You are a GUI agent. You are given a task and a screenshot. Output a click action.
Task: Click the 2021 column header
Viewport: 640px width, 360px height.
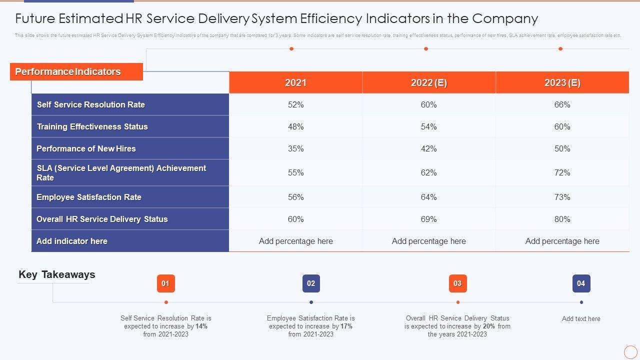295,82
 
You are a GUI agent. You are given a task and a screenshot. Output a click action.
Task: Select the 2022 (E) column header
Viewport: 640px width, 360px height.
428,82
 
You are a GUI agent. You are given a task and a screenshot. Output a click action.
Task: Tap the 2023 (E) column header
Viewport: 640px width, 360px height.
562,82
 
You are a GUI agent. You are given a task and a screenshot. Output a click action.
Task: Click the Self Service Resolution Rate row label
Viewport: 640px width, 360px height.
91,104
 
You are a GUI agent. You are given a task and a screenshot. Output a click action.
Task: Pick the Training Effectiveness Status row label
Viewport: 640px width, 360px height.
92,126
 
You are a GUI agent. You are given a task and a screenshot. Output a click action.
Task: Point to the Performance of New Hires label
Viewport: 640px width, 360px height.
86,148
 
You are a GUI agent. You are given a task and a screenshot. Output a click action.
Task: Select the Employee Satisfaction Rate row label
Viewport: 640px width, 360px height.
89,197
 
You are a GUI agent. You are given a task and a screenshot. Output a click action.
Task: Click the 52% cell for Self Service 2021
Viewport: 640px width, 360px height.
295,104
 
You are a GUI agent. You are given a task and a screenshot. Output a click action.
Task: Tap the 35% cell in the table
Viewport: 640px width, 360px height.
295,148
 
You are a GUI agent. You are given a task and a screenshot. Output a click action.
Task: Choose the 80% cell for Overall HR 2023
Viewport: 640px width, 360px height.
562,219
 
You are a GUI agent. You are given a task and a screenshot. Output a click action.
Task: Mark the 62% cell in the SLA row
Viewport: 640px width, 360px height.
428,172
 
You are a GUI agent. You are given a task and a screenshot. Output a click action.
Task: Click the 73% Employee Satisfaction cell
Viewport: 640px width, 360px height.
562,197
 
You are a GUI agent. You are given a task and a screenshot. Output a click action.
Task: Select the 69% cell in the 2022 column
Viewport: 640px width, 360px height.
428,219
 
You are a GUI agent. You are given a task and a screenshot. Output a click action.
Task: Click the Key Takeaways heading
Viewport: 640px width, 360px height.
56,274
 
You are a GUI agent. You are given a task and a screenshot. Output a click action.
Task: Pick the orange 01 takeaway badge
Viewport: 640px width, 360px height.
165,283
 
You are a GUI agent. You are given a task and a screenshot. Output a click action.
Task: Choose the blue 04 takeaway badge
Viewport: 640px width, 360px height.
581,283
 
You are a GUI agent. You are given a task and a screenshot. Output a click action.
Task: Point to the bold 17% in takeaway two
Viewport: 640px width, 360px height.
346,326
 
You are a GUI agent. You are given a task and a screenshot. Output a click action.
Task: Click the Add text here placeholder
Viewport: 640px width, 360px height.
581,318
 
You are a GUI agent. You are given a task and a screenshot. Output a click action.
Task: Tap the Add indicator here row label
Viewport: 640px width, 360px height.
72,241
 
